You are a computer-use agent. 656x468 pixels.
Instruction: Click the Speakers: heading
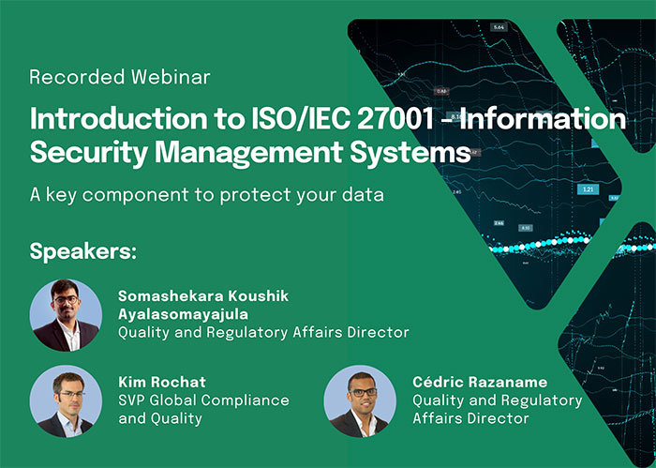(x=83, y=251)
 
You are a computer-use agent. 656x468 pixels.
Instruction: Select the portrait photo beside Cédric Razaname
(x=361, y=400)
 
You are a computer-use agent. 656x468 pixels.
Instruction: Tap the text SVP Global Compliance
(x=203, y=400)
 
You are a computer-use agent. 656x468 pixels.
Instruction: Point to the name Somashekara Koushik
(x=203, y=296)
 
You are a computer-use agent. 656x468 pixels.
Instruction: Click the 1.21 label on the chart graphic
(x=588, y=189)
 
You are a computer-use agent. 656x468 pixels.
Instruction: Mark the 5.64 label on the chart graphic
(x=499, y=27)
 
